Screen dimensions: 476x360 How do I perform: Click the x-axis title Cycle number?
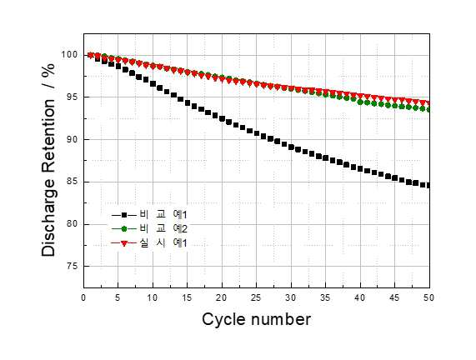pyautogui.click(x=257, y=320)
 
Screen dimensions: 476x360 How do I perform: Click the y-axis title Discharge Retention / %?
pyautogui.click(x=48, y=160)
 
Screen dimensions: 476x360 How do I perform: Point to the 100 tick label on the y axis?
pyautogui.click(x=69, y=55)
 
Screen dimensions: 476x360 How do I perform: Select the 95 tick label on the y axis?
pyautogui.click(x=73, y=97)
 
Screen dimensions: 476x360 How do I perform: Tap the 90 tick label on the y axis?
pyautogui.click(x=73, y=139)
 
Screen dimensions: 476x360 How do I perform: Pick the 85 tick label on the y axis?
pyautogui.click(x=73, y=182)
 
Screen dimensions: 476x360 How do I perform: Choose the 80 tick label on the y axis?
pyautogui.click(x=73, y=224)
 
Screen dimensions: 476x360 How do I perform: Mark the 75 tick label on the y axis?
pyautogui.click(x=73, y=266)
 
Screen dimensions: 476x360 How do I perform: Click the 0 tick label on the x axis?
pyautogui.click(x=83, y=297)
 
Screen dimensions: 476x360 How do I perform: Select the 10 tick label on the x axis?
pyautogui.click(x=153, y=297)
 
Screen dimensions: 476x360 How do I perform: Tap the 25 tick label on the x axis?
pyautogui.click(x=256, y=297)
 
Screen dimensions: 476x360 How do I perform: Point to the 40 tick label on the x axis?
pyautogui.click(x=360, y=297)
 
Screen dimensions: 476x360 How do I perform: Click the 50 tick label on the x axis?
pyautogui.click(x=429, y=297)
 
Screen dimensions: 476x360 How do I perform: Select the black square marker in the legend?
pyautogui.click(x=124, y=215)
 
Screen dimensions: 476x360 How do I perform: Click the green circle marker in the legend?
pyautogui.click(x=124, y=229)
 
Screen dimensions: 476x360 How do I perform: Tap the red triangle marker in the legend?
pyautogui.click(x=124, y=243)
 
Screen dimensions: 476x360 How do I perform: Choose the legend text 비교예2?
pyautogui.click(x=163, y=228)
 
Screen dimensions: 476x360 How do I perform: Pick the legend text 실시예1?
pyautogui.click(x=163, y=242)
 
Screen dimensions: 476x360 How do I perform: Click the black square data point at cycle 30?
pyautogui.click(x=292, y=147)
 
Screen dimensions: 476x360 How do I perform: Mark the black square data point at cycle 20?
pyautogui.click(x=223, y=118)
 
